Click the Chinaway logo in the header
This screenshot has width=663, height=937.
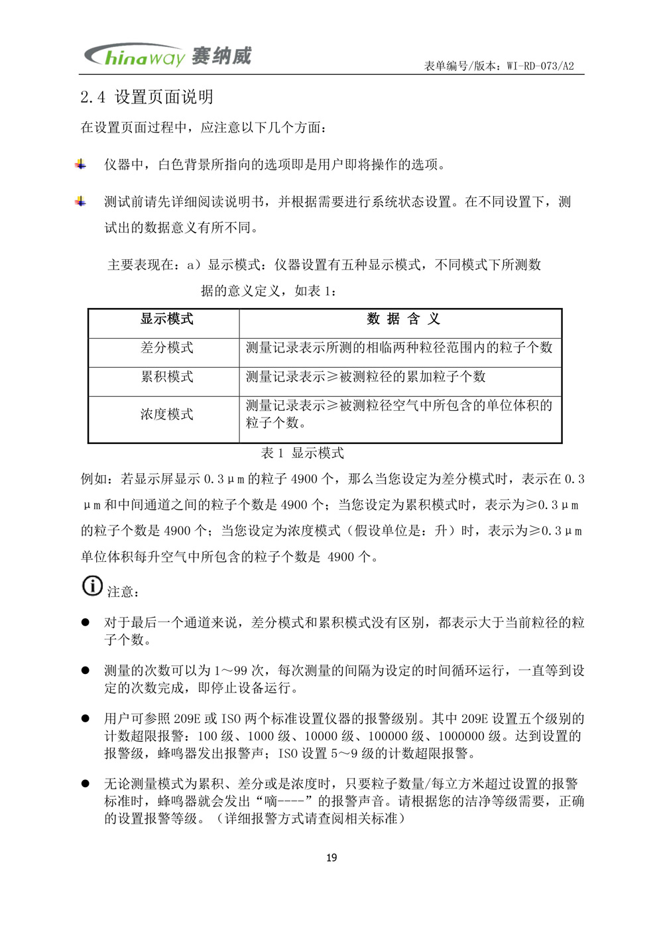coord(168,56)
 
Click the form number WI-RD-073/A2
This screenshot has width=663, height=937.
coord(540,66)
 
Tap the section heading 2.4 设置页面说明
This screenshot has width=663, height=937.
coord(147,97)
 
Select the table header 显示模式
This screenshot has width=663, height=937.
coord(166,319)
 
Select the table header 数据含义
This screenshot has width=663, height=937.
coord(403,319)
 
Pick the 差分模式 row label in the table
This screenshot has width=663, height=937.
coord(166,348)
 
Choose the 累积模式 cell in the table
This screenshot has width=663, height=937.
coord(166,377)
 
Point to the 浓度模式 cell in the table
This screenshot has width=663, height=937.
coord(166,415)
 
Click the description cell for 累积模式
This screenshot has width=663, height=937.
coord(366,377)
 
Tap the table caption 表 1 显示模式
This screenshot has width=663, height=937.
coord(302,453)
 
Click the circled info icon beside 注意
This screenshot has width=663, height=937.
coord(92,586)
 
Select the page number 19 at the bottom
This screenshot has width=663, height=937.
coord(331,857)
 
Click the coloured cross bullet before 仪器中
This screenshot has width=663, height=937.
coord(80,164)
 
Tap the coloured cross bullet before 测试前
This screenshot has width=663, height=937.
coord(80,201)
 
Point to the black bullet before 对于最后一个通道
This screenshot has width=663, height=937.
coord(85,623)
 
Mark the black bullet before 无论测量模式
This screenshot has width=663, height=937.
coord(85,784)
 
